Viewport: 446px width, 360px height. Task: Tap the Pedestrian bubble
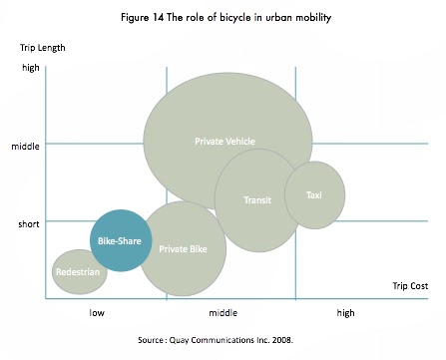[x=79, y=271]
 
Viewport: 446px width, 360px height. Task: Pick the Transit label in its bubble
[x=257, y=200]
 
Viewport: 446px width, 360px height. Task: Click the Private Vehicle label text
[x=224, y=142]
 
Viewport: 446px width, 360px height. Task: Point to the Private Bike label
[x=183, y=249]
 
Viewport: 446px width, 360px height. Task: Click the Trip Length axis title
[x=42, y=47]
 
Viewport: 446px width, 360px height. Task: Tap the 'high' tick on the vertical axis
[x=30, y=68]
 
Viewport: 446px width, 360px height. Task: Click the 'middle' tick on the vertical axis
[x=25, y=146]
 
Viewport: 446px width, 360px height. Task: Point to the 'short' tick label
[x=28, y=223]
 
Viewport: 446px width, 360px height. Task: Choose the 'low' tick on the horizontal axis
[x=96, y=312]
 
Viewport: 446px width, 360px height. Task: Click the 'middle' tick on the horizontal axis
[x=222, y=312]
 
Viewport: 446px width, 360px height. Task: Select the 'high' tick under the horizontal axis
[x=345, y=312]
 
